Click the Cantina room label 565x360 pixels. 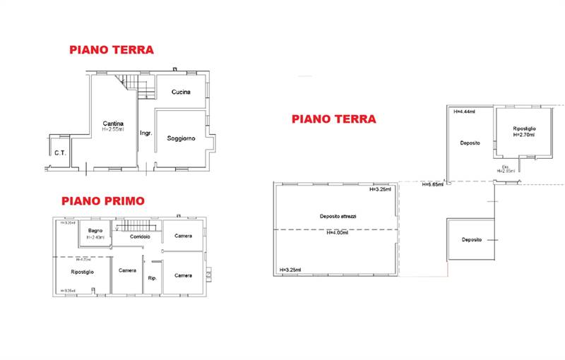pyautogui.click(x=113, y=123)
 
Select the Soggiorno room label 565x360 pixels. pyautogui.click(x=181, y=138)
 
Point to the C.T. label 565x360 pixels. pyautogui.click(x=59, y=152)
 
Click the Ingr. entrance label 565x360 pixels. pyautogui.click(x=146, y=133)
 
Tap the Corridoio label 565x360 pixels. pyautogui.click(x=140, y=236)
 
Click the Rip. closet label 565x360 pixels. pyautogui.click(x=152, y=277)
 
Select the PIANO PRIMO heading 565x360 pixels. pyautogui.click(x=102, y=201)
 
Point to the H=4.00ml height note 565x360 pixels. pyautogui.click(x=338, y=233)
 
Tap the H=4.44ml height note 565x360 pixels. pyautogui.click(x=464, y=111)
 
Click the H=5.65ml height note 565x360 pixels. pyautogui.click(x=432, y=185)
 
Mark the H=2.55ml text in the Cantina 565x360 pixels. pyautogui.click(x=113, y=129)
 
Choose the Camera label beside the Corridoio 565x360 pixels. pyautogui.click(x=184, y=236)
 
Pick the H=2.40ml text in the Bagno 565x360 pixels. pyautogui.click(x=95, y=237)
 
